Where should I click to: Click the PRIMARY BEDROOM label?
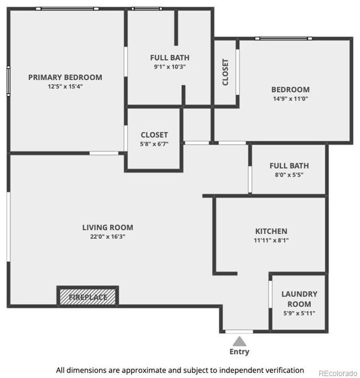(x=65, y=77)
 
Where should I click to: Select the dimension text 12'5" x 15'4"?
(x=65, y=86)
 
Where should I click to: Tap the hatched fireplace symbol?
(x=88, y=296)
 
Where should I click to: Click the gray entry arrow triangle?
(x=239, y=340)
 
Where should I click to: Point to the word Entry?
(x=239, y=351)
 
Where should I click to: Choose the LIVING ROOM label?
(x=107, y=227)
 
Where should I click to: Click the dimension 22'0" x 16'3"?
(x=107, y=237)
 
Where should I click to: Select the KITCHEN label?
(x=271, y=231)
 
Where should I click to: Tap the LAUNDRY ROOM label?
(x=299, y=299)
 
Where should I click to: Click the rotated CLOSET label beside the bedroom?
(x=225, y=72)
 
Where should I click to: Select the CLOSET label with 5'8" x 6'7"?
(x=154, y=135)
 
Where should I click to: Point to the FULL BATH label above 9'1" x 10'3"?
(x=169, y=58)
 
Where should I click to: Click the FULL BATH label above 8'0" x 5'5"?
(x=289, y=166)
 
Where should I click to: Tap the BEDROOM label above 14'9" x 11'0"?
(x=290, y=90)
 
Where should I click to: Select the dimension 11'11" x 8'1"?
(x=271, y=241)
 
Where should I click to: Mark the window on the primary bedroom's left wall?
(x=8, y=81)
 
